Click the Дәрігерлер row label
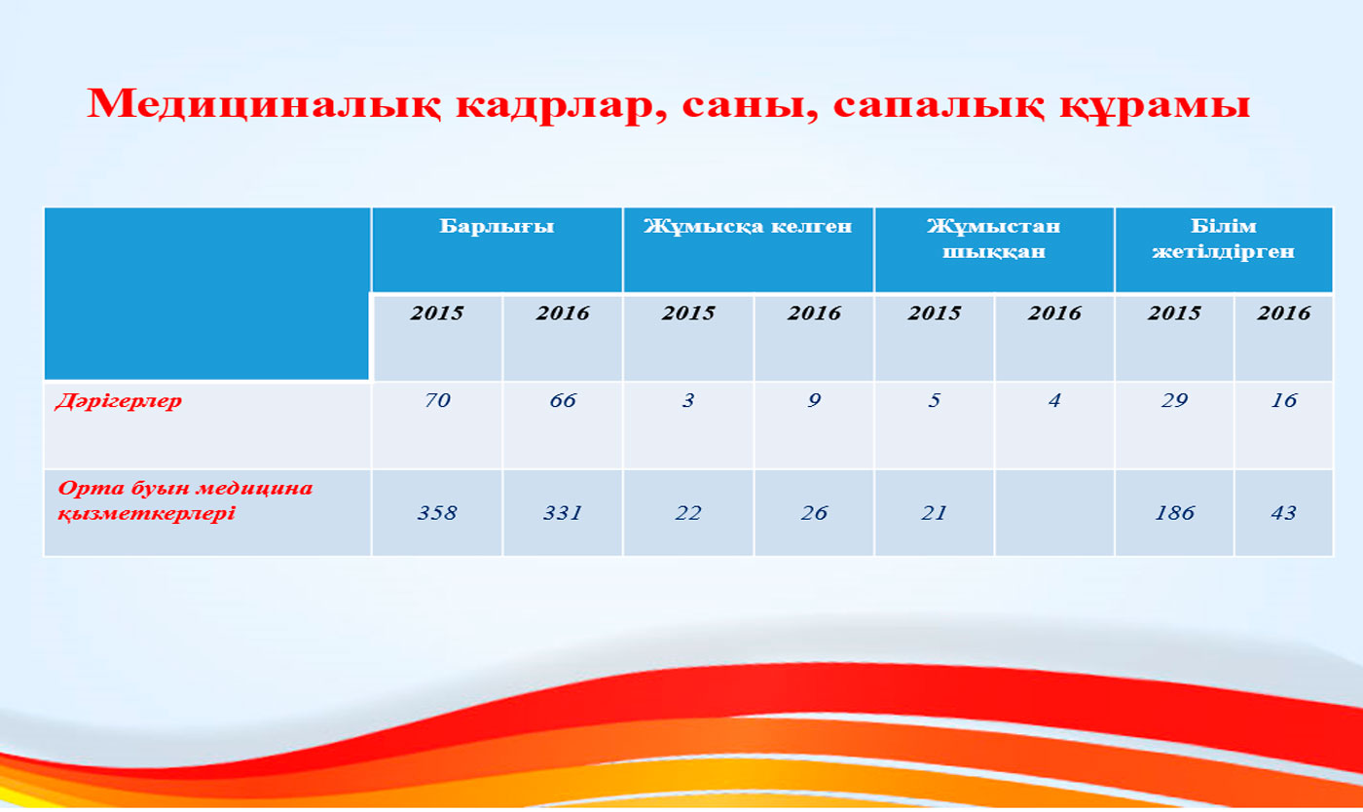tap(119, 401)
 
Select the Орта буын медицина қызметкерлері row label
tap(185, 500)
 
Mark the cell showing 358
tap(437, 512)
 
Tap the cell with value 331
tap(563, 512)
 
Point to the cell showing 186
tap(1174, 512)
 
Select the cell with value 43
tap(1283, 512)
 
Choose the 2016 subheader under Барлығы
tap(563, 313)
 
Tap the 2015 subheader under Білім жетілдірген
tap(1174, 313)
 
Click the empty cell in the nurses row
tap(1054, 512)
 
